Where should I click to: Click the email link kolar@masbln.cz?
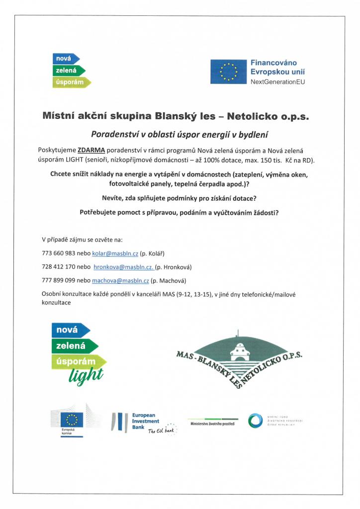click(115, 254)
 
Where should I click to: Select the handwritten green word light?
click(88, 375)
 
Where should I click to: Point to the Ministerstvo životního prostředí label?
click(212, 423)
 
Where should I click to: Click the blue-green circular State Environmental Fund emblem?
click(256, 421)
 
